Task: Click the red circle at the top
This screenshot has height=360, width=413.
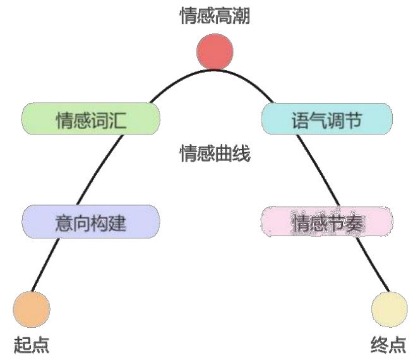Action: (x=215, y=52)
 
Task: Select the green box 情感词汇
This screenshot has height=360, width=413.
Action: (x=90, y=119)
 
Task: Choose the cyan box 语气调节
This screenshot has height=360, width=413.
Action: (x=326, y=119)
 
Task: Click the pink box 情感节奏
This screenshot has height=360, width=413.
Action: (x=326, y=222)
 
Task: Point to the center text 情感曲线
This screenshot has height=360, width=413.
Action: (x=215, y=153)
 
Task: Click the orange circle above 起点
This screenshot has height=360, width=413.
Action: (x=32, y=308)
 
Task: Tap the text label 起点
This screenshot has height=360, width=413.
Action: (x=32, y=345)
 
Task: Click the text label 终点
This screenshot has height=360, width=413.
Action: (x=388, y=345)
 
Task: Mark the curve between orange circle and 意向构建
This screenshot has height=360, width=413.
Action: (x=50, y=265)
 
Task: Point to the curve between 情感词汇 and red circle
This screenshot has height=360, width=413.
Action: (x=169, y=85)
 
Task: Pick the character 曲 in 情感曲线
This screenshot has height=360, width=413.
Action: (x=224, y=153)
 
